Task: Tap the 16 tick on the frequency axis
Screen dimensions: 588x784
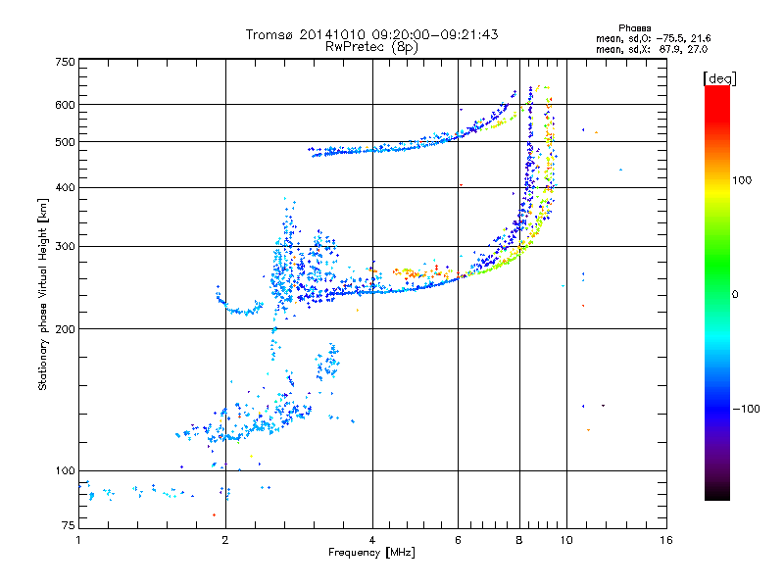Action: [x=665, y=540]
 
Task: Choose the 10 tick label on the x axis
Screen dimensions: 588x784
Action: [x=565, y=540]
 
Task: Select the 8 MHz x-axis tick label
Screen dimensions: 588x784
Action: [x=519, y=540]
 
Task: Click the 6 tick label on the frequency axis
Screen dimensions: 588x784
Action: [x=458, y=540]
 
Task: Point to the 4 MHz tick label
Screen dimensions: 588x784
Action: [x=372, y=540]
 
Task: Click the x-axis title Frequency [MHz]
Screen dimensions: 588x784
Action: [x=371, y=553]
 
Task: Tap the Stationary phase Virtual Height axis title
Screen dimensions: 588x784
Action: [x=43, y=294]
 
